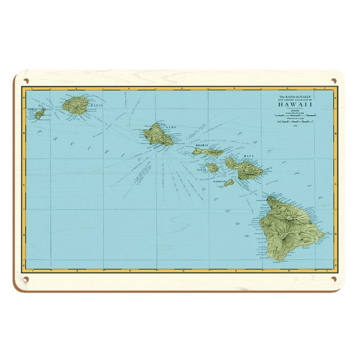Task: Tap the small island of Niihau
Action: coord(40,114)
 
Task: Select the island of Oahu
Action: coord(157,134)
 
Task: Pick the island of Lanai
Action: coord(212,167)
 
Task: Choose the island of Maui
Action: coord(241,167)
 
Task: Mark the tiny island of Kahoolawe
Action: coord(229,183)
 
